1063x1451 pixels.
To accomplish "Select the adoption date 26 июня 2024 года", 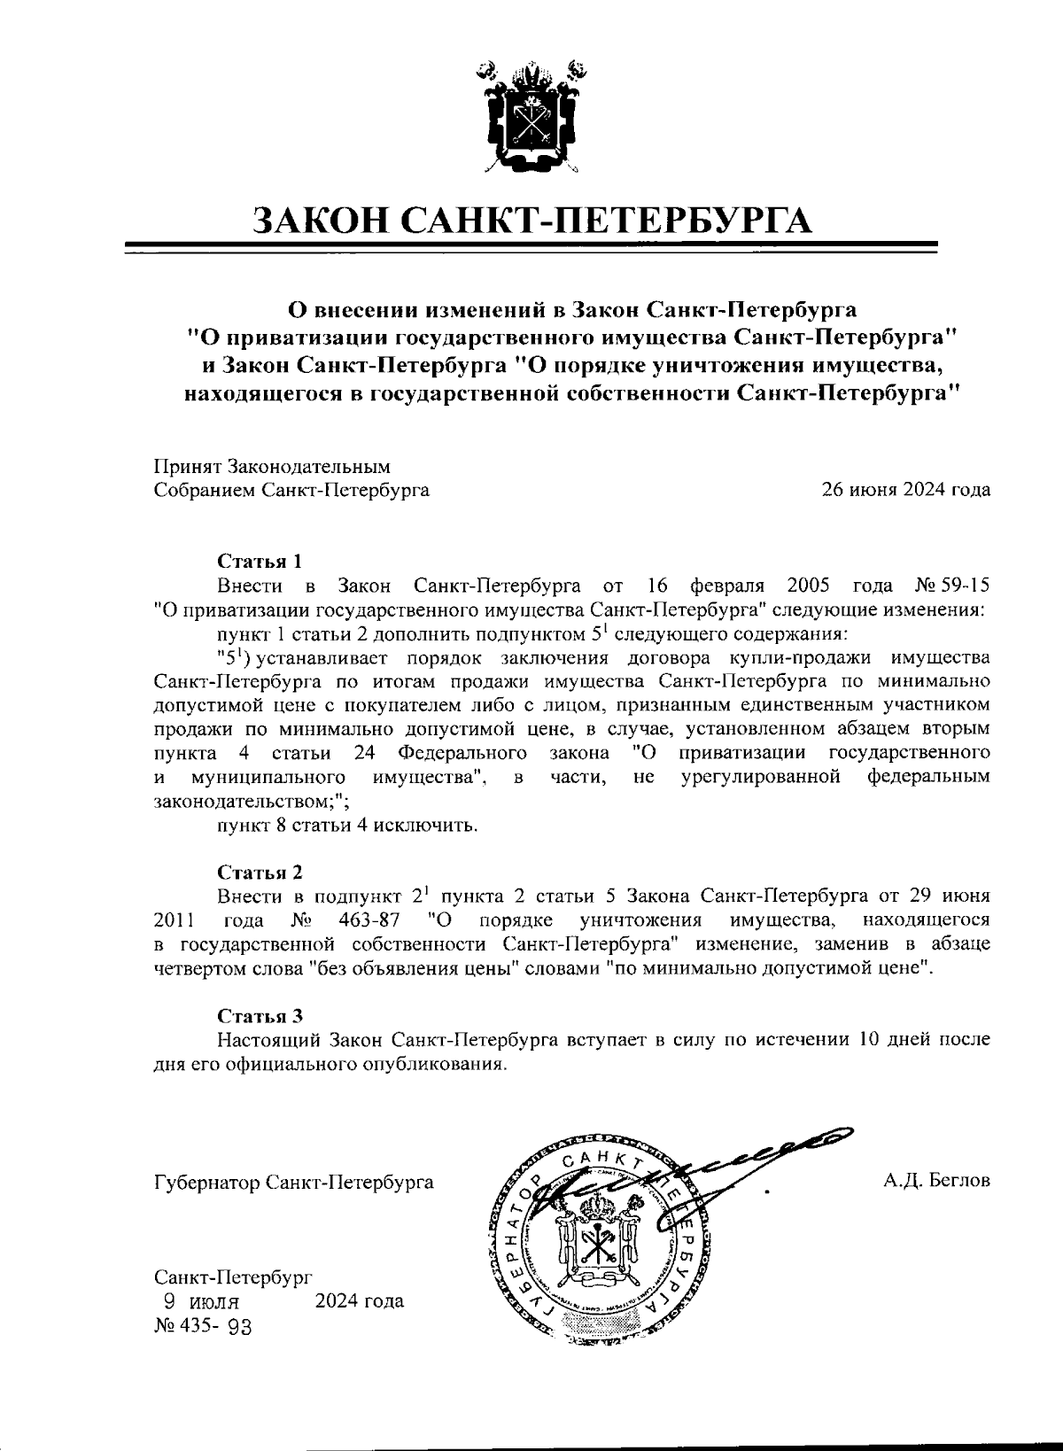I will [906, 490].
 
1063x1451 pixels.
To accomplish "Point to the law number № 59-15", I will [950, 586].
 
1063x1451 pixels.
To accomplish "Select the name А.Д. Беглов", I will [935, 1182].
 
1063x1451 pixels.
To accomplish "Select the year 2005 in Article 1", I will [806, 586].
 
